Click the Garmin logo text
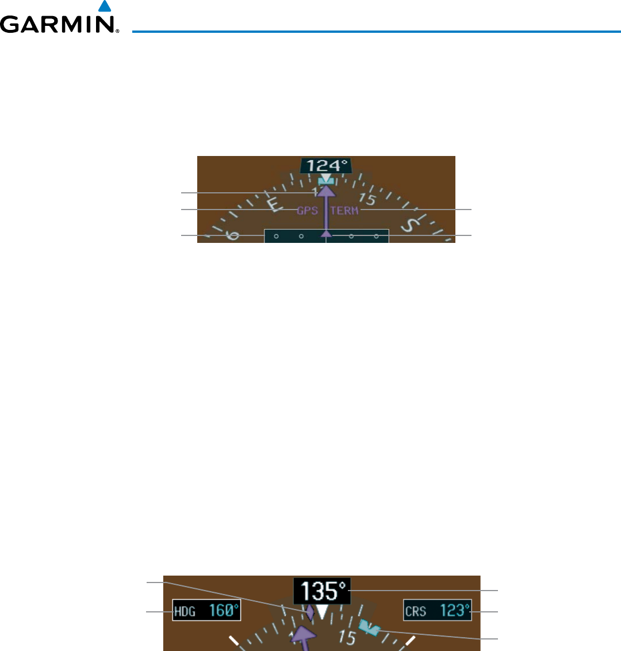[60, 24]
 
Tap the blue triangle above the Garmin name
[104, 6]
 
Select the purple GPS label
[307, 211]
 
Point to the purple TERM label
[344, 211]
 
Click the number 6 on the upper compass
[233, 235]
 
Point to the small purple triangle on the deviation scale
[327, 233]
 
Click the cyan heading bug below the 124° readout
[326, 181]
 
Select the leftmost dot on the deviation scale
[276, 236]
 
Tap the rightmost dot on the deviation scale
[377, 236]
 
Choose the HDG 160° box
[206, 611]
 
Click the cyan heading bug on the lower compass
[368, 627]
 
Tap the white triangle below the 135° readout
[323, 612]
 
